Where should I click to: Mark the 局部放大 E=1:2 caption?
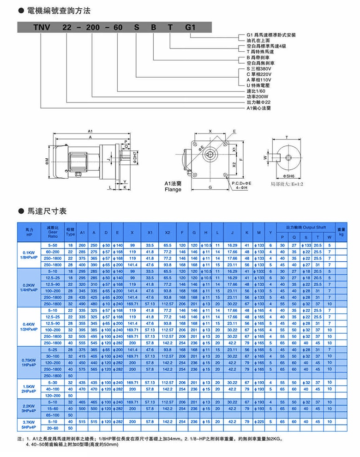(x=287, y=184)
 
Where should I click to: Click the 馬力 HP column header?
(x=29, y=231)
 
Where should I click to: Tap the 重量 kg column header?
(x=341, y=231)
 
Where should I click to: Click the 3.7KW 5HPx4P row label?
(x=29, y=425)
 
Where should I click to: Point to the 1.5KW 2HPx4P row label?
(x=29, y=388)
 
